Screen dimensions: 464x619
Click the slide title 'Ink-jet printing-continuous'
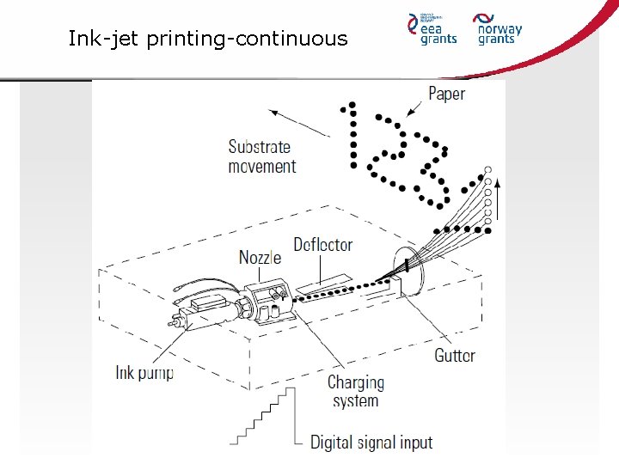(208, 39)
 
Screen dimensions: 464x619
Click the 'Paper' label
(446, 93)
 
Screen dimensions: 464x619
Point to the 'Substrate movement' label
(261, 156)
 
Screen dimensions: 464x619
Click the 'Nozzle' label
(260, 257)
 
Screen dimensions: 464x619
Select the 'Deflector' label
(323, 245)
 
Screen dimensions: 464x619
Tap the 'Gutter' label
(455, 355)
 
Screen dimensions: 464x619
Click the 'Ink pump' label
(144, 373)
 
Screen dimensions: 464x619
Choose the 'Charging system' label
(355, 391)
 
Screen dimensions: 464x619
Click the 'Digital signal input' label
(371, 443)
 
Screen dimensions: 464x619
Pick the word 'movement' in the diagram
(261, 167)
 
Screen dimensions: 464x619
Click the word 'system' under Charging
(355, 400)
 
